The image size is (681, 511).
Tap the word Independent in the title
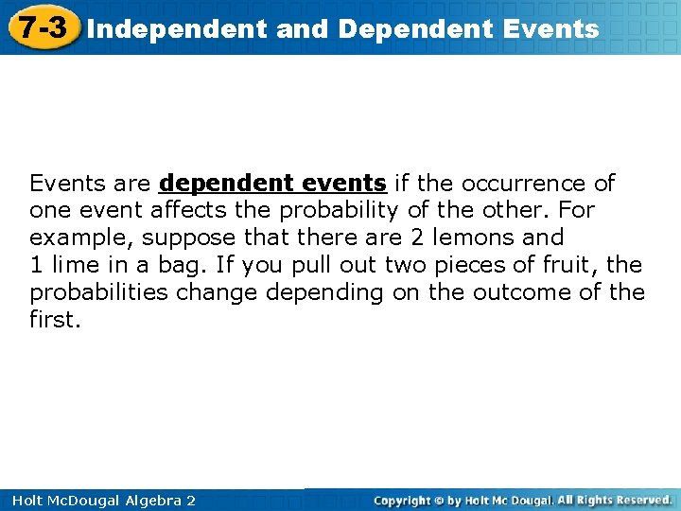click(x=177, y=29)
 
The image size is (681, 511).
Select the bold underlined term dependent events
click(x=272, y=183)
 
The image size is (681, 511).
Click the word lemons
click(x=472, y=238)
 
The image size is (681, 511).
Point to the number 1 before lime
click(x=35, y=265)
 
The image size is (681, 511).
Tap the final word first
click(x=53, y=320)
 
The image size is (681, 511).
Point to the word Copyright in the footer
click(x=401, y=500)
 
